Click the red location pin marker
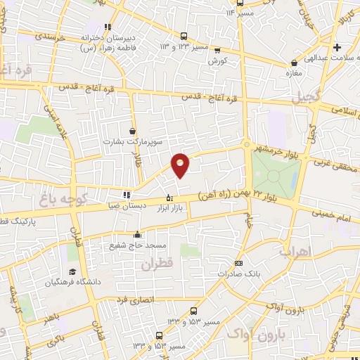[181, 165]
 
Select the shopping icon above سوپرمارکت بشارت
[133, 131]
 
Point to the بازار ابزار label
[169, 208]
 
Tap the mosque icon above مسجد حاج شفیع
[137, 236]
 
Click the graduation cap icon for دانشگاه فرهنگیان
[71, 272]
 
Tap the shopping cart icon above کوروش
[217, 50]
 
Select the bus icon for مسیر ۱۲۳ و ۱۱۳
[184, 36]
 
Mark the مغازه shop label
[294, 72]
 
